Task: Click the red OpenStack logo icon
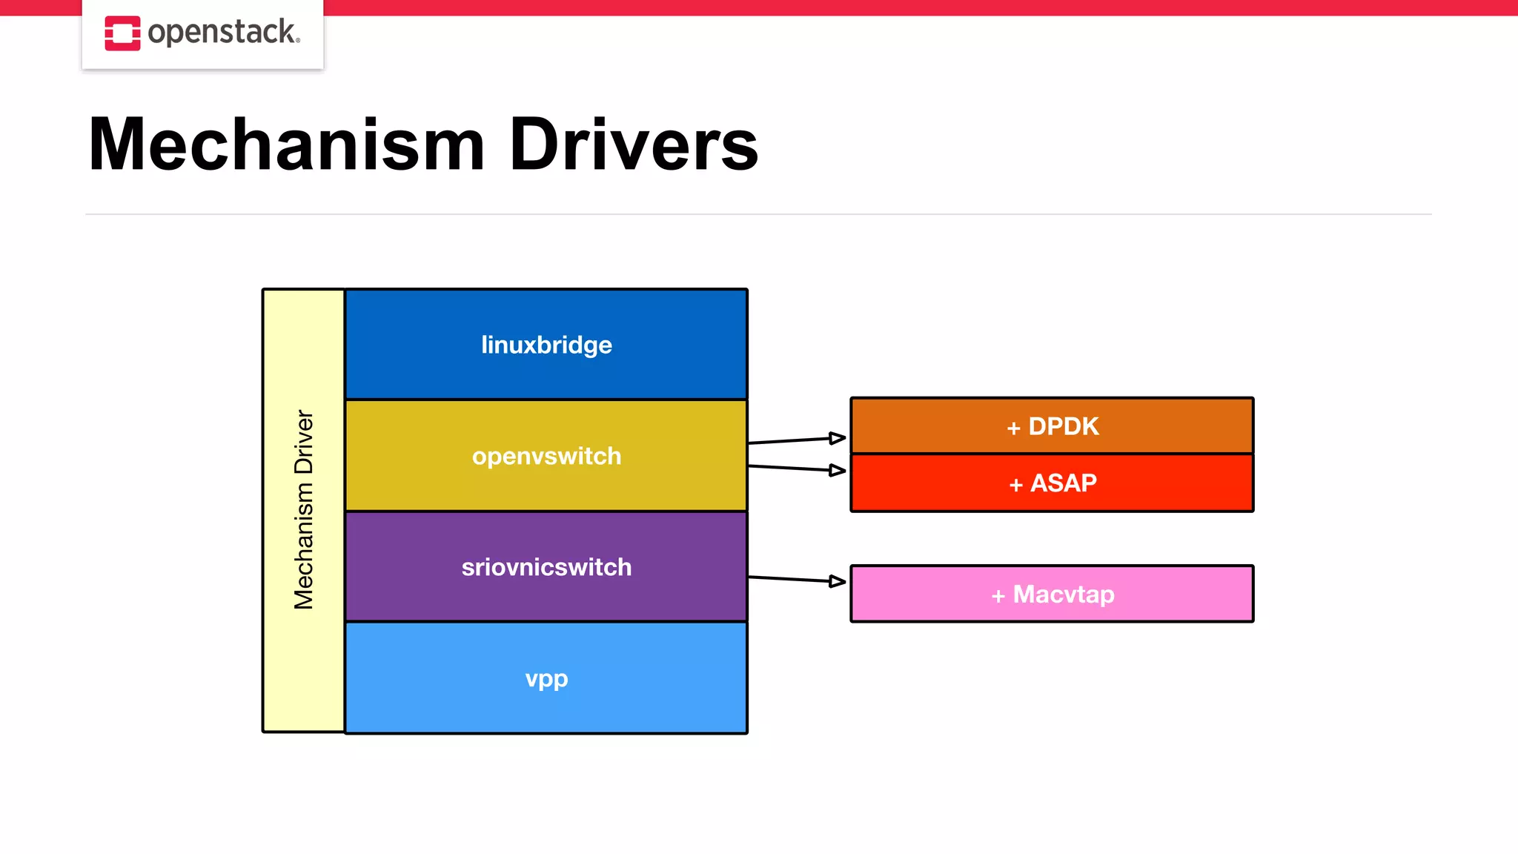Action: click(122, 33)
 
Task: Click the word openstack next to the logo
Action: click(223, 33)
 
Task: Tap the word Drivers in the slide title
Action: click(634, 145)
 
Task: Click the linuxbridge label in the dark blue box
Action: click(546, 345)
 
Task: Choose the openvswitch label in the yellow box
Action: click(546, 456)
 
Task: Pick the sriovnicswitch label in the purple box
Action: click(546, 567)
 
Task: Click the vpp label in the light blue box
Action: click(546, 678)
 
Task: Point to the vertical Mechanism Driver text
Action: click(304, 510)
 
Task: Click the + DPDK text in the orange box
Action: click(1053, 426)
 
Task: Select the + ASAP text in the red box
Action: click(1053, 483)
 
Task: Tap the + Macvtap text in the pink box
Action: click(1053, 595)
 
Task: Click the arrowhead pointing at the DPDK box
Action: click(838, 438)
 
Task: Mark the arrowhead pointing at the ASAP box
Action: click(838, 470)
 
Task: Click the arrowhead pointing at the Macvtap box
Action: click(838, 581)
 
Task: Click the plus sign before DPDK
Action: click(1013, 428)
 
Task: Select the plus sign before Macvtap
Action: click(998, 596)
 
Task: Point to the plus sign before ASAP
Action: click(1015, 485)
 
